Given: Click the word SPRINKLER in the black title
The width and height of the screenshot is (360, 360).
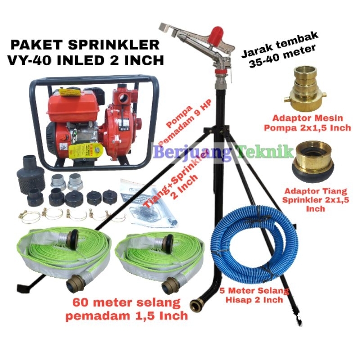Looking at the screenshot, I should tap(117, 45).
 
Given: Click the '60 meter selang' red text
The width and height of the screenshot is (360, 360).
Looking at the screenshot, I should tap(122, 302).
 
